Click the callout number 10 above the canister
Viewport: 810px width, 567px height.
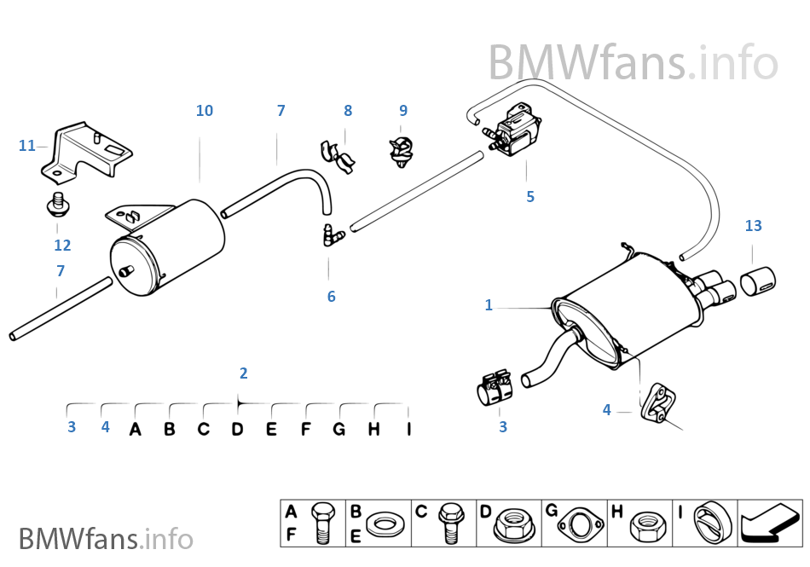[204, 111]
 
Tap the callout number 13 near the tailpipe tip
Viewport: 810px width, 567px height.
[753, 226]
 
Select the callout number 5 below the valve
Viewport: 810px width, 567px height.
[530, 197]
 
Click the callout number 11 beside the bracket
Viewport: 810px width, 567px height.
[26, 146]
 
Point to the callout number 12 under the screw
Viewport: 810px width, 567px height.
[62, 246]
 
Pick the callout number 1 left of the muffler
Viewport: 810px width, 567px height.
[489, 305]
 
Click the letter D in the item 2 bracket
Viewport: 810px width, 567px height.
[237, 429]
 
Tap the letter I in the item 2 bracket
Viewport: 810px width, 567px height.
[408, 429]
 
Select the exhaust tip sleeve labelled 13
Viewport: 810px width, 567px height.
[759, 279]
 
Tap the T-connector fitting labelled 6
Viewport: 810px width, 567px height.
[331, 235]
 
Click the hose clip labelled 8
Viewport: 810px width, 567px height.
[338, 153]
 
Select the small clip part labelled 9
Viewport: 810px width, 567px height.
[401, 148]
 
